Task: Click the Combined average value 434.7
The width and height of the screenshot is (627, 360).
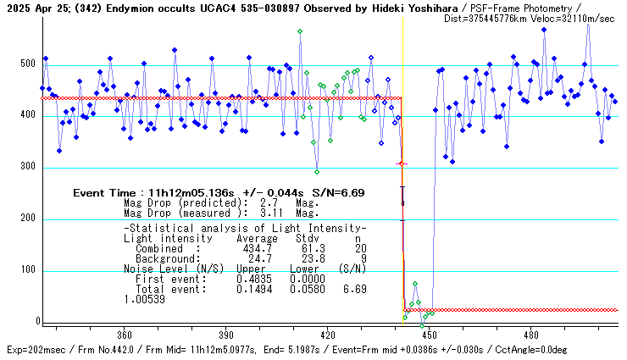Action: (x=258, y=249)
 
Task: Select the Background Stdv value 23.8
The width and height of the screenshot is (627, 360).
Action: (x=306, y=258)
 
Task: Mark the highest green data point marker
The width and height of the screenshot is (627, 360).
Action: (x=300, y=32)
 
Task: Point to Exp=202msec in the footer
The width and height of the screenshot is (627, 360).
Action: (x=34, y=349)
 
